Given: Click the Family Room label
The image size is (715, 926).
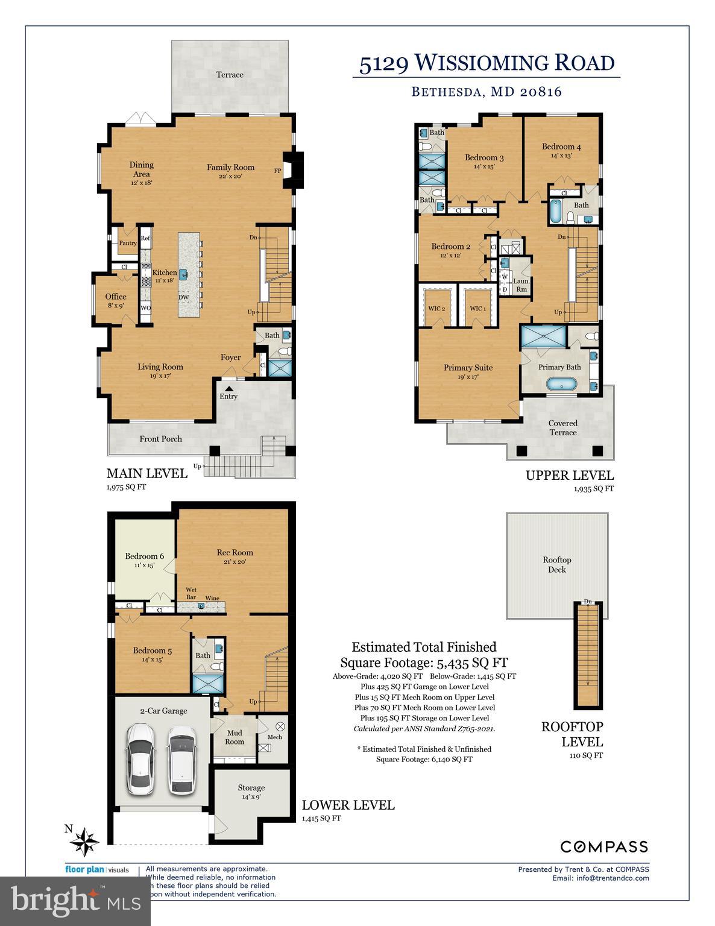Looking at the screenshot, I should point(230,168).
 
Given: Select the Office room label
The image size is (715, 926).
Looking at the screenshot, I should point(116,297).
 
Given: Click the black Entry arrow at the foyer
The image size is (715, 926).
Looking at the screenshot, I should point(228,389).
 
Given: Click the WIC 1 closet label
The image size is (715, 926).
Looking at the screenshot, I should point(477,309).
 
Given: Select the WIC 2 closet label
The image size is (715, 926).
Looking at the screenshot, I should point(436,309).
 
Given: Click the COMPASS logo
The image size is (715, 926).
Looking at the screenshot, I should point(604,846).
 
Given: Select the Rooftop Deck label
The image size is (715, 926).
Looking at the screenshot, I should point(556,564).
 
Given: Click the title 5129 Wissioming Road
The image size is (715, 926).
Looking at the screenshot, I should point(487,63).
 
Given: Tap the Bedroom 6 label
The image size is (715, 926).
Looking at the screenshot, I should point(144,556).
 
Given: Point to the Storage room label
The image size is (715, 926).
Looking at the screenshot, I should point(251,787).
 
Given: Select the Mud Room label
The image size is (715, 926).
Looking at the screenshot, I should point(235,737).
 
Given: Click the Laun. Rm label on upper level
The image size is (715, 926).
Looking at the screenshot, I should point(521,285).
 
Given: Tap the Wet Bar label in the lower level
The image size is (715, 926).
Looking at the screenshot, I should point(191,594).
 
